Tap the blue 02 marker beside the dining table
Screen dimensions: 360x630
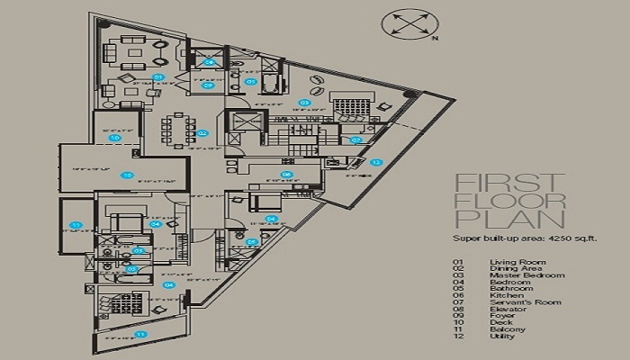click(x=202, y=133)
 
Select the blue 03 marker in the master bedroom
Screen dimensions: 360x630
click(x=304, y=103)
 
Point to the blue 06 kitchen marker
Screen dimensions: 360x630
click(x=285, y=175)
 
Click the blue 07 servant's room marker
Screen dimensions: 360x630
click(x=356, y=139)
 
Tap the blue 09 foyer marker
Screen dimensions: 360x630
click(x=207, y=85)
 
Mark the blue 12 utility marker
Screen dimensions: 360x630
click(x=376, y=162)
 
